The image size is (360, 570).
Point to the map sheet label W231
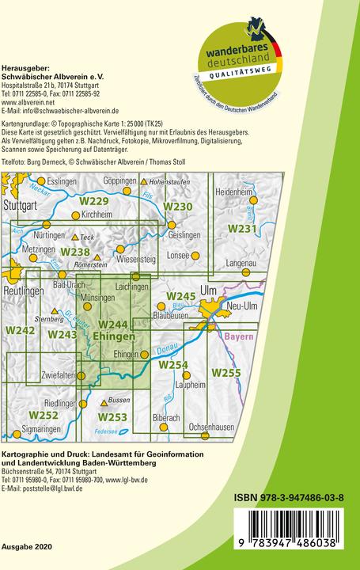pos(242,229)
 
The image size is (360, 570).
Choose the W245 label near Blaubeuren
pos(180,296)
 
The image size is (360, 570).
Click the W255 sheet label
pos(225,372)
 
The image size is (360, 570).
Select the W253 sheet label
pos(112,416)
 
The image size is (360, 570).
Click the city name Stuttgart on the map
pos(21,204)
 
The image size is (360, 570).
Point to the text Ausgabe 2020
pos(25,548)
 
